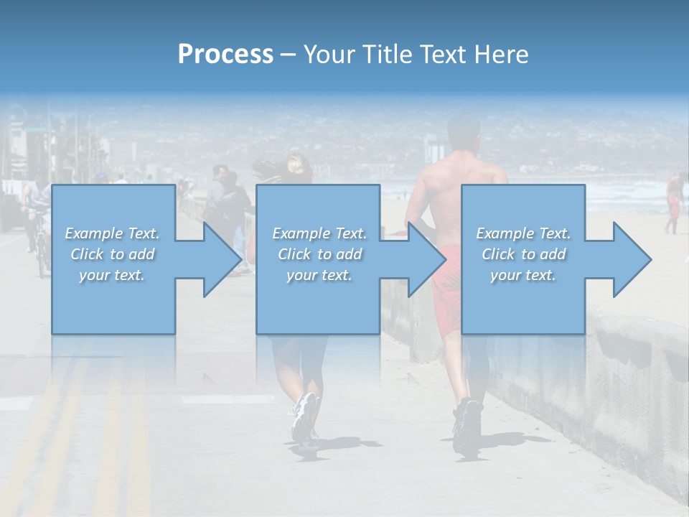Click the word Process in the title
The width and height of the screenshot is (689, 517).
point(225,55)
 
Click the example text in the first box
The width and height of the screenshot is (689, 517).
point(113,254)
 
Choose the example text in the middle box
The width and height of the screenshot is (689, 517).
point(319,254)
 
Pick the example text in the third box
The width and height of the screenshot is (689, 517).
point(523,254)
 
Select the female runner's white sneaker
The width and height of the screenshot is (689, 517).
point(304,416)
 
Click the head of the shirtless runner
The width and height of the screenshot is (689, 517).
point(463,133)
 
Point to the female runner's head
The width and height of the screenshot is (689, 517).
point(296,165)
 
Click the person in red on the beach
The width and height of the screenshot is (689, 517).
point(672,201)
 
